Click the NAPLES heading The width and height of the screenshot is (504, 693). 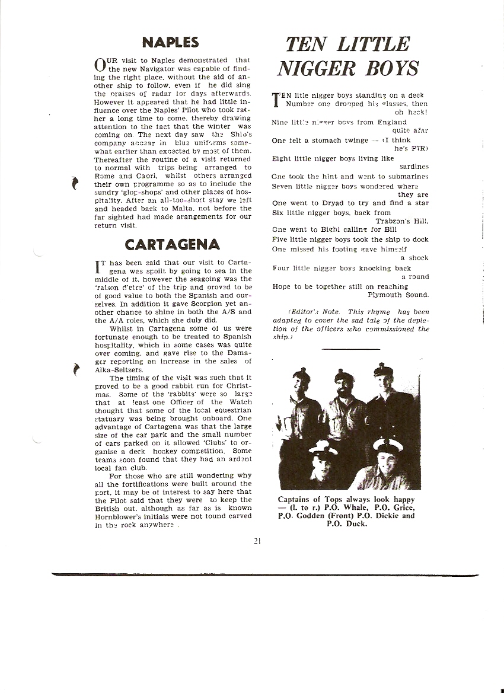[170, 42]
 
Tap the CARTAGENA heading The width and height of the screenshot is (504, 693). [172, 244]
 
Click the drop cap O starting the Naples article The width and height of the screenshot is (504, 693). [100, 64]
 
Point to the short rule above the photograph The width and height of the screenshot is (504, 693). [353, 349]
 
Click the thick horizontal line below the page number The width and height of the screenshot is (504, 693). [265, 573]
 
